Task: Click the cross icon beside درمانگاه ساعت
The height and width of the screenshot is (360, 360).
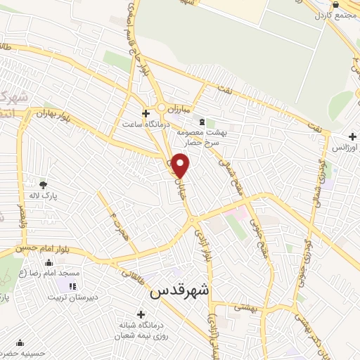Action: click(x=146, y=112)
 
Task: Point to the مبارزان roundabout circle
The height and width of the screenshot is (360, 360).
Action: click(x=162, y=108)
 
